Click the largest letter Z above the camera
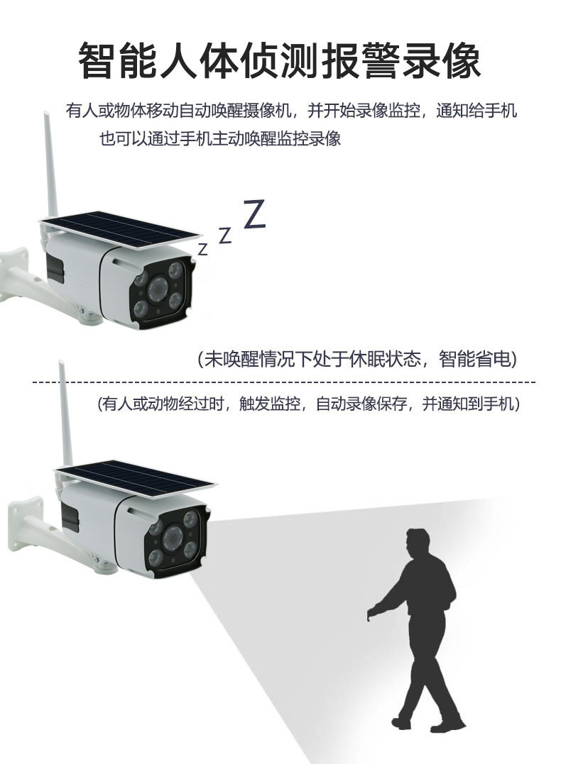pyautogui.click(x=255, y=214)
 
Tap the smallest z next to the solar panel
pyautogui.click(x=203, y=249)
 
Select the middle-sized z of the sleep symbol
pyautogui.click(x=224, y=236)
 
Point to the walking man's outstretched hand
pyautogui.click(x=372, y=611)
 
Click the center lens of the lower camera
pyautogui.click(x=172, y=536)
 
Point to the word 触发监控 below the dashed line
pyautogui.click(x=269, y=404)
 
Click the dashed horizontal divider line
pyautogui.click(x=284, y=382)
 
